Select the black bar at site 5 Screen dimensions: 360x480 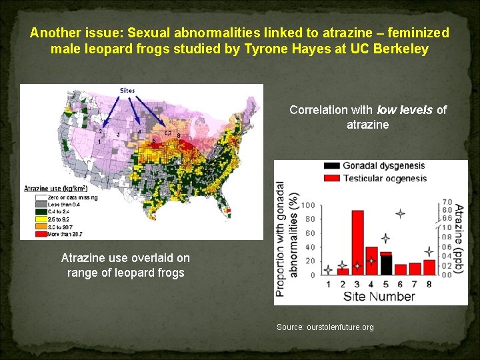(x=386, y=265)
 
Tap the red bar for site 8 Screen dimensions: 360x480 (x=429, y=267)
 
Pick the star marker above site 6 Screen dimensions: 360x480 (x=400, y=214)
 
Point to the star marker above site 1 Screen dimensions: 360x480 (x=328, y=271)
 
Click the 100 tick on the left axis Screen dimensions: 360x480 (x=309, y=205)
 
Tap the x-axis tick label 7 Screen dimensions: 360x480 (x=415, y=285)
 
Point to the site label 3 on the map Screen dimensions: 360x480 (x=118, y=135)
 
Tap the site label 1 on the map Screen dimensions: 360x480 (x=99, y=142)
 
